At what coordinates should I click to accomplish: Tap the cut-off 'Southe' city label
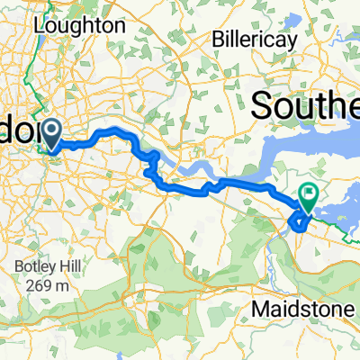point(306,106)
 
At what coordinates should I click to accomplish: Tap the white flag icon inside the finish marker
point(309,192)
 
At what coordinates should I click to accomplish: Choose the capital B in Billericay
point(216,40)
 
